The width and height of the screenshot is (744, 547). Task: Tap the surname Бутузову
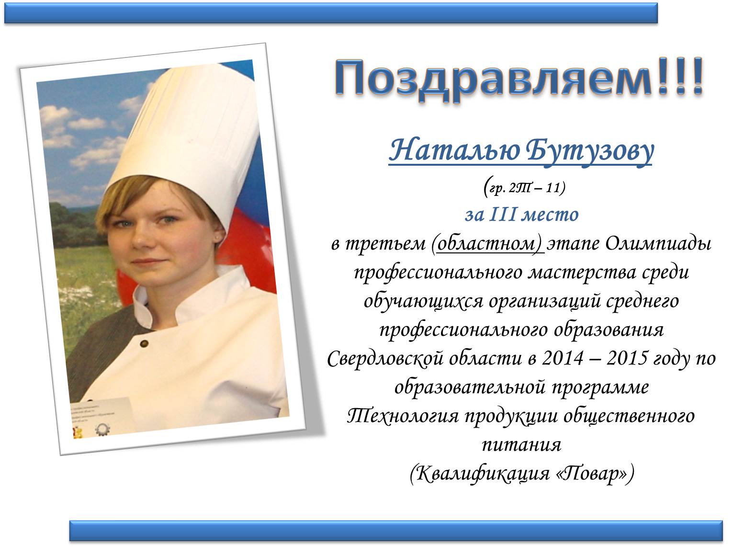(589, 151)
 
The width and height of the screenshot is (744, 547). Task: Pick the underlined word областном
(486, 244)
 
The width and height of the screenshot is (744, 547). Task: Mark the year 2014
(563, 359)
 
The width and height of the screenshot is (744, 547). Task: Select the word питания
(521, 445)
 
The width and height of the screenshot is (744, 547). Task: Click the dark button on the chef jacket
(144, 344)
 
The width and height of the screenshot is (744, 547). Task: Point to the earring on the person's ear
(218, 238)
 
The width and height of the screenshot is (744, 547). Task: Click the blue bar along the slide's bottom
(396, 531)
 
